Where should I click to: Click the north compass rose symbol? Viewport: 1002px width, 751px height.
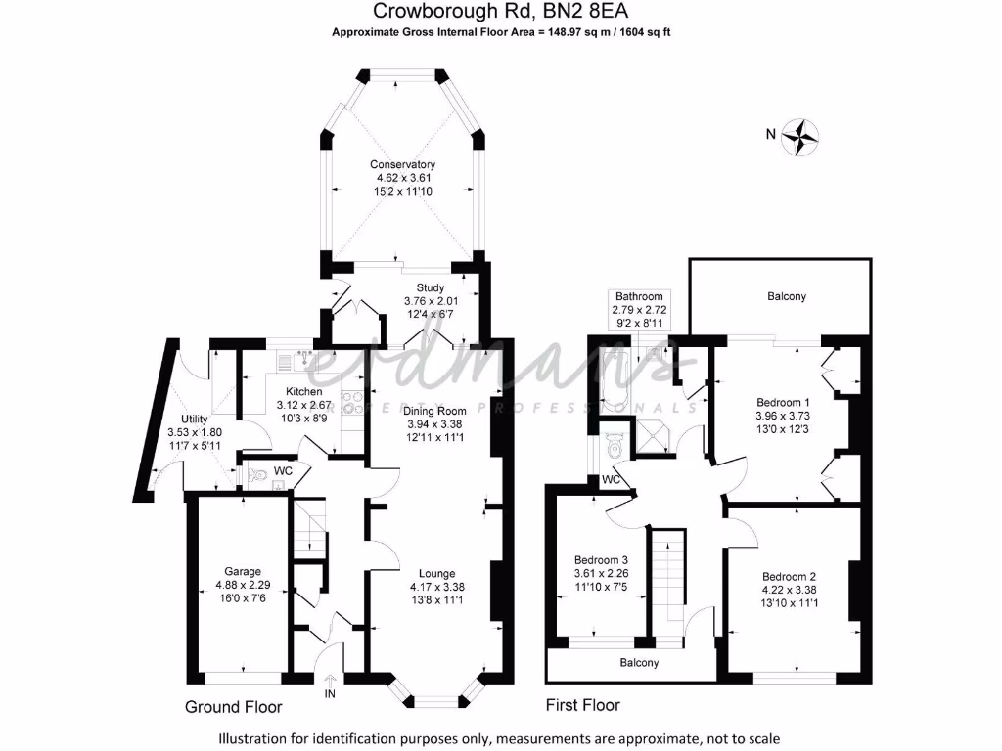pyautogui.click(x=804, y=136)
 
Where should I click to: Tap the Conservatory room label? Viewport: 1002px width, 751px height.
pyautogui.click(x=402, y=164)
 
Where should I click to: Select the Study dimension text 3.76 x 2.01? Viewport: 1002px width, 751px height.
pyautogui.click(x=432, y=300)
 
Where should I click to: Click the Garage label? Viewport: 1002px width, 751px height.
pyautogui.click(x=243, y=572)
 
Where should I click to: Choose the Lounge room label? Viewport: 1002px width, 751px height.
pyautogui.click(x=437, y=573)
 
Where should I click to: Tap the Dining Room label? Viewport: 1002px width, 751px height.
pyautogui.click(x=436, y=411)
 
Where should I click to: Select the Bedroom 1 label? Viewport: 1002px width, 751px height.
pyautogui.click(x=784, y=402)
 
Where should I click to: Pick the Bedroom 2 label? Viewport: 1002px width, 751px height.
pyautogui.click(x=789, y=576)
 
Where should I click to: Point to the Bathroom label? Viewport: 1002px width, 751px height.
pyautogui.click(x=637, y=296)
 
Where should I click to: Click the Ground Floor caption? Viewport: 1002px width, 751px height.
pyautogui.click(x=234, y=707)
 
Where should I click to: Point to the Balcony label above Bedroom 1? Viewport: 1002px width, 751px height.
pyautogui.click(x=787, y=296)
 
